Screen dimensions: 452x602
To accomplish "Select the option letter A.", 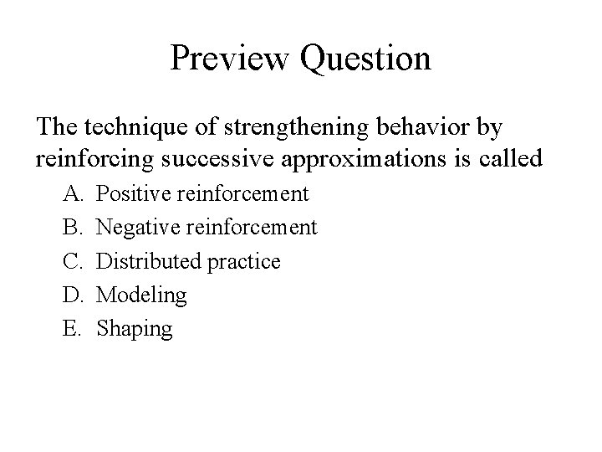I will click(x=70, y=194).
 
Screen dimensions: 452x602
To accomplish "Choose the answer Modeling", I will click(x=141, y=295).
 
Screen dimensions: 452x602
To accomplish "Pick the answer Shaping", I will click(x=135, y=329).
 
